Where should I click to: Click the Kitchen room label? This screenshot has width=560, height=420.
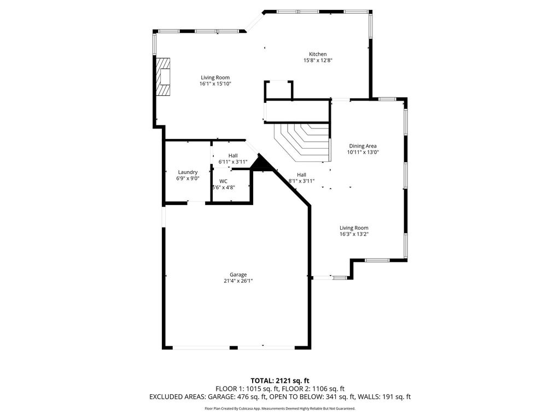[x=318, y=54]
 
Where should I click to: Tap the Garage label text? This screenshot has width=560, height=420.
[x=238, y=275]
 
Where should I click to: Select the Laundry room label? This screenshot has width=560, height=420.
[x=188, y=172]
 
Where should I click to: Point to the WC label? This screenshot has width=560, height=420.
[x=223, y=181]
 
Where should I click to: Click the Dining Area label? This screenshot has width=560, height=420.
[x=363, y=145]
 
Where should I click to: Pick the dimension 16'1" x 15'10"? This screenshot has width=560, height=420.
[x=215, y=84]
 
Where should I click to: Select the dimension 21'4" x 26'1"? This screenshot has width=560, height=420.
[x=238, y=281]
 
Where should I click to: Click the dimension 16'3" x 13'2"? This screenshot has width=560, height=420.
[x=354, y=234]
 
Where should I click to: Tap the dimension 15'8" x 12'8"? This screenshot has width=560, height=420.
[x=318, y=60]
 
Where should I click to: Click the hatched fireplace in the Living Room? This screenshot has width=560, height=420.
[x=162, y=77]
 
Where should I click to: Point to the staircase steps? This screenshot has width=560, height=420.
[x=302, y=142]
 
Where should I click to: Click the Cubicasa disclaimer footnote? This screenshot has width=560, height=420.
[x=280, y=408]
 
